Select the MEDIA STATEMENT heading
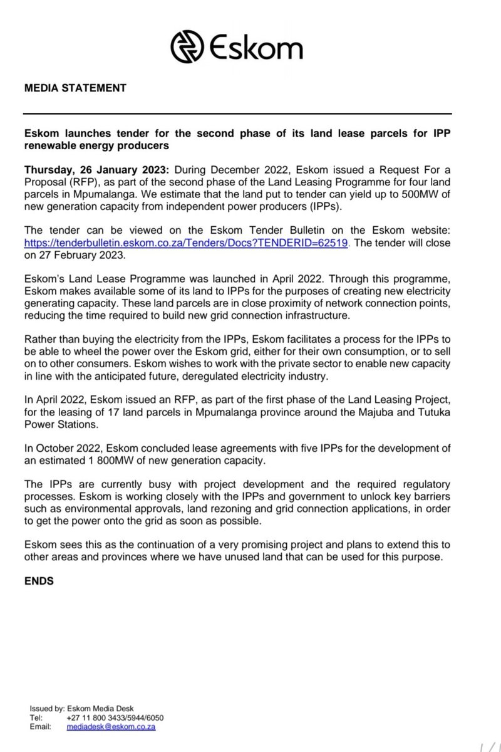(75, 88)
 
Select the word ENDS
(38, 581)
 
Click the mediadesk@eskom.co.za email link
(111, 727)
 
